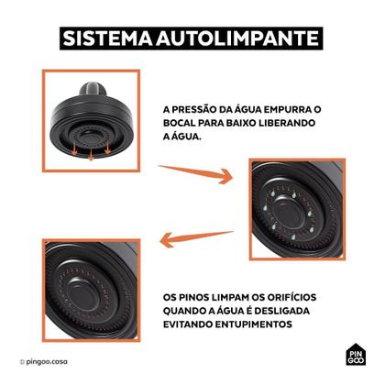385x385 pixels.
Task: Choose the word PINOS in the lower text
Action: point(201,296)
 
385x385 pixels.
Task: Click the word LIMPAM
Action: point(242,296)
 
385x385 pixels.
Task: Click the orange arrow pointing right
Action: point(196,172)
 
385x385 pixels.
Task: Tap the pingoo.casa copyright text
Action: point(46,363)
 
